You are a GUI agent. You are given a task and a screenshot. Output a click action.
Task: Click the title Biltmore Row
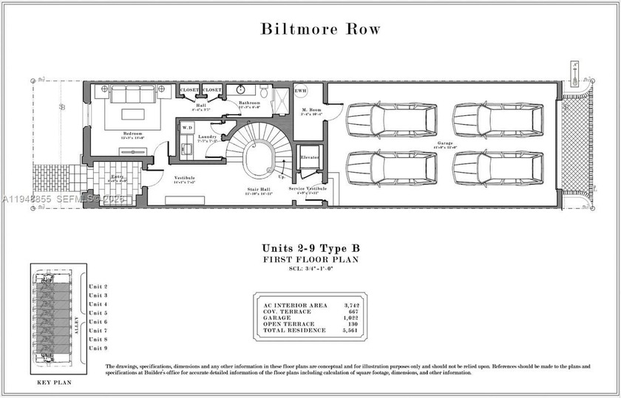[x=320, y=30]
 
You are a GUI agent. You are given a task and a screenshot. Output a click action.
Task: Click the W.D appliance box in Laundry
[x=186, y=128]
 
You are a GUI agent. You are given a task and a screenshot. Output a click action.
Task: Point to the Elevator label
[x=309, y=157]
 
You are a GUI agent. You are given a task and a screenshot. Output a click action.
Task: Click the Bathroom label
[x=249, y=103]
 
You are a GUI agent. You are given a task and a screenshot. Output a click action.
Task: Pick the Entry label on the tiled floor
[x=118, y=177]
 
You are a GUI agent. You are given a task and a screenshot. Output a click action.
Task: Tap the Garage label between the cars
[x=444, y=143]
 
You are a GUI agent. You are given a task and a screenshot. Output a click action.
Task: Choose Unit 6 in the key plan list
[x=98, y=322]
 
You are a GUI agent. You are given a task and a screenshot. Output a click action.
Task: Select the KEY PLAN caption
[x=52, y=385]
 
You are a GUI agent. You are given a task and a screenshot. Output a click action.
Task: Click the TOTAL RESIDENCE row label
[x=290, y=330]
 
